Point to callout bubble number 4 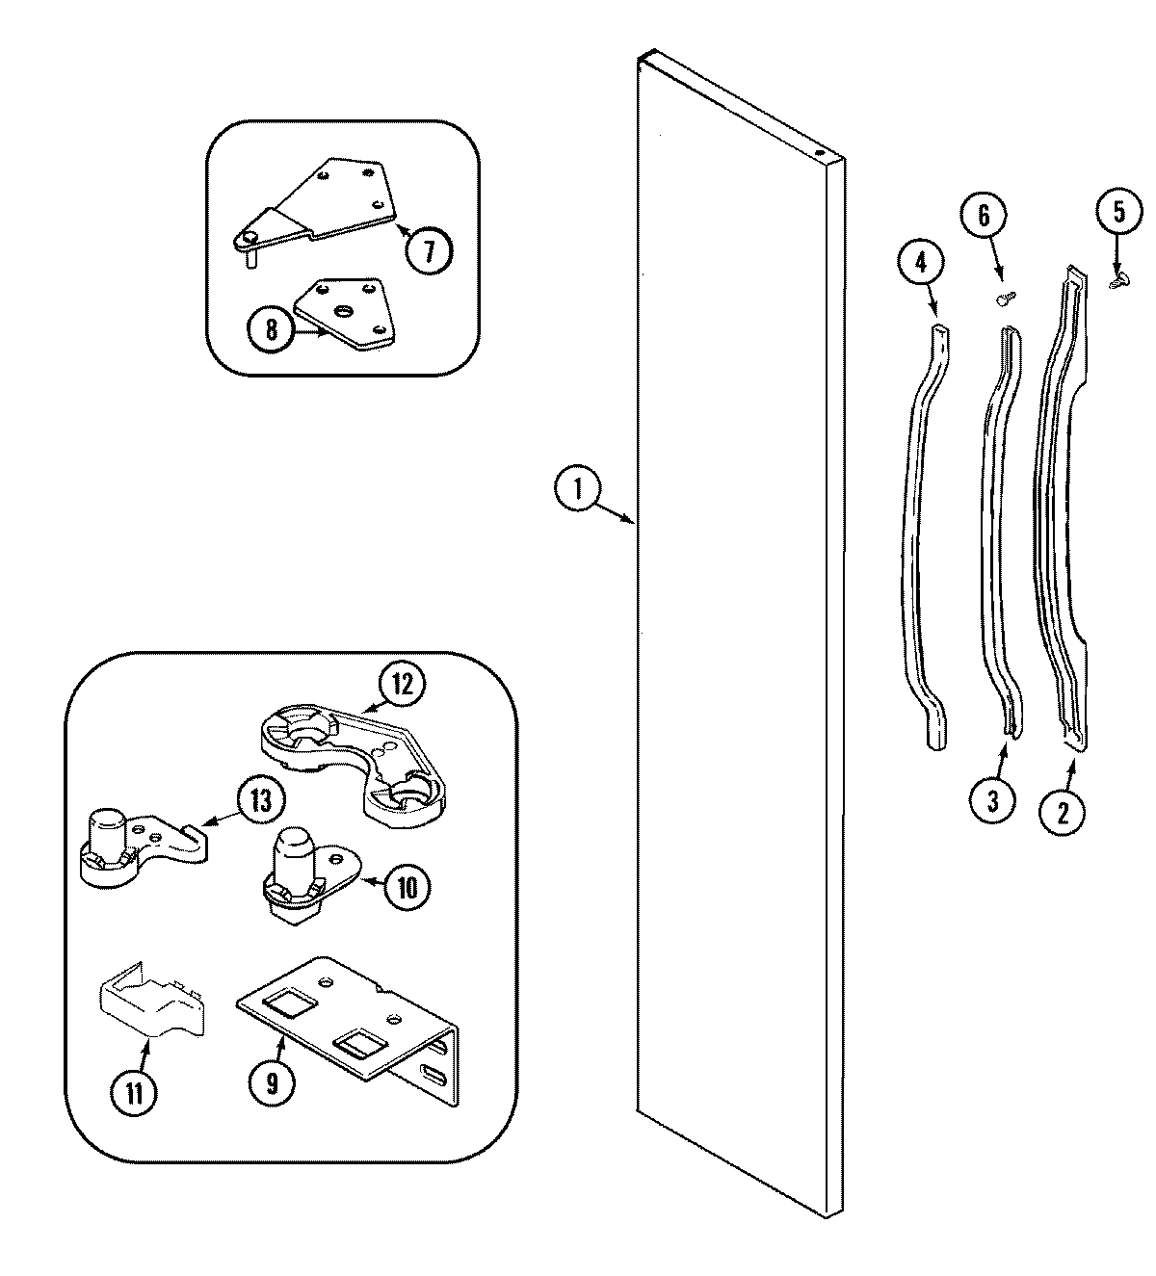(x=921, y=261)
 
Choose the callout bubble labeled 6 (x=984, y=216)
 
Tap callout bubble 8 (x=271, y=330)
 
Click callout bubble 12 (x=402, y=685)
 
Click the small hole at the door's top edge (x=818, y=152)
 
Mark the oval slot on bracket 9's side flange (x=434, y=1073)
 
